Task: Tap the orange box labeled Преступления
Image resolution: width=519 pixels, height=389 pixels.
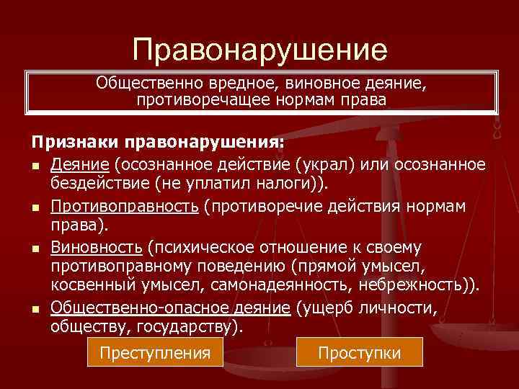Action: click(155, 353)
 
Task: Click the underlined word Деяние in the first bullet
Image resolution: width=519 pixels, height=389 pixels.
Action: click(78, 166)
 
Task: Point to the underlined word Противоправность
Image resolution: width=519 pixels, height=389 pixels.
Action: click(125, 207)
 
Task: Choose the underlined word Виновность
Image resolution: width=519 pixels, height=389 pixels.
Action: click(96, 248)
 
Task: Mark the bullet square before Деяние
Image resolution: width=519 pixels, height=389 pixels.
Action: click(35, 167)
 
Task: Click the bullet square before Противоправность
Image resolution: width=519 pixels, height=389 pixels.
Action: click(35, 208)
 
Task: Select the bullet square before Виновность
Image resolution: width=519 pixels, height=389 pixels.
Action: click(35, 249)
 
